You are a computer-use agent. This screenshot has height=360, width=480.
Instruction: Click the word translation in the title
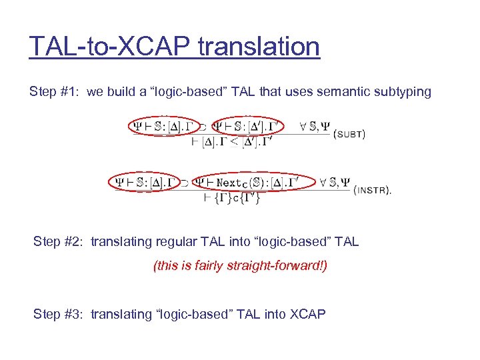(x=259, y=47)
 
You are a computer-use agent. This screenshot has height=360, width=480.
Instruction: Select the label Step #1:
(x=55, y=92)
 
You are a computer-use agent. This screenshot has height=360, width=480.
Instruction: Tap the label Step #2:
(x=59, y=242)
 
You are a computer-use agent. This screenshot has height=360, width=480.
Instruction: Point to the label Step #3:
(x=59, y=313)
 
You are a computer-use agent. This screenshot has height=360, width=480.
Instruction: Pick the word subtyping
(x=401, y=92)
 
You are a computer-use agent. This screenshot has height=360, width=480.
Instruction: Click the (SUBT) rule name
(x=348, y=133)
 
